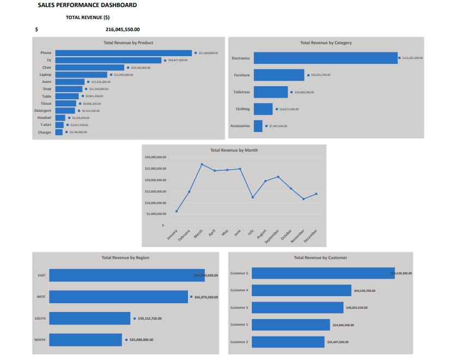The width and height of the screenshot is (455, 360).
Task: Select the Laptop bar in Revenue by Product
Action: pos(82,75)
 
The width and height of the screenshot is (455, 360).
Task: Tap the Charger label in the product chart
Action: pos(45,133)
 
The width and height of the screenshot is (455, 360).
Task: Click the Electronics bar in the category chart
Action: pos(325,58)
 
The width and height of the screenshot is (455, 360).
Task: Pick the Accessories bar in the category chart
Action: pos(258,126)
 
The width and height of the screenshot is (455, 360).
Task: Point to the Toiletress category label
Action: pos(241,92)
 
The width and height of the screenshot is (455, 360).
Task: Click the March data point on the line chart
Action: pos(202,164)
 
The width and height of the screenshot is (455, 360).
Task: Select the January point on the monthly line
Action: pos(177,211)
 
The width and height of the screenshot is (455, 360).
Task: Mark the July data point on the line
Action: pos(252,197)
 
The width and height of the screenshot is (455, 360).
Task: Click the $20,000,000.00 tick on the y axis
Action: pos(155,179)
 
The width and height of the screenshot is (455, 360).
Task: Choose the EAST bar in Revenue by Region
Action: pos(126,275)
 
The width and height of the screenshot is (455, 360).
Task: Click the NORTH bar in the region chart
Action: pos(85,340)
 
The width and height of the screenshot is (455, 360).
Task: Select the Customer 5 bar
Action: pos(323,273)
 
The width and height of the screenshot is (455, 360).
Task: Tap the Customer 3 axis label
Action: pos(239,308)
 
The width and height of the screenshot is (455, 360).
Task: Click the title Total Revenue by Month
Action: pos(234,150)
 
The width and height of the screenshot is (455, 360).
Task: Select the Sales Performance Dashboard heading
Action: pos(87,5)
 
